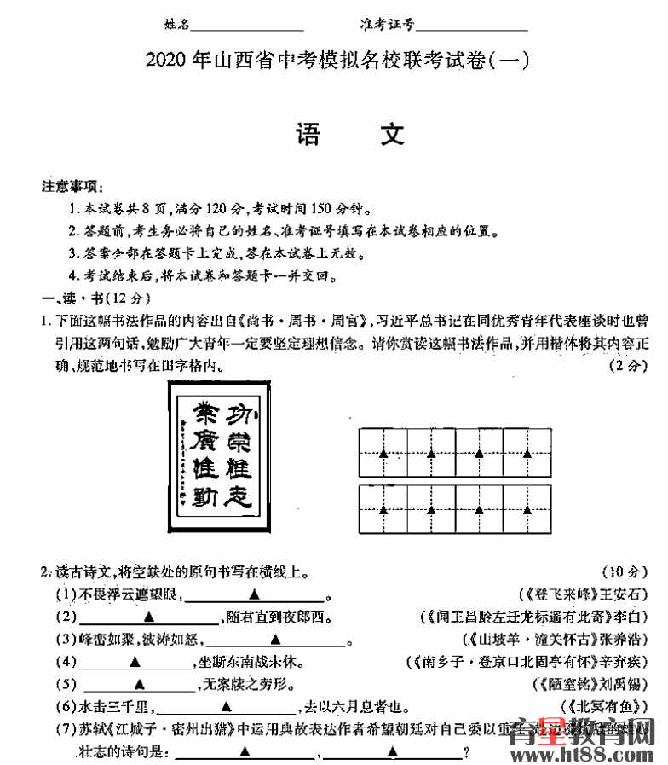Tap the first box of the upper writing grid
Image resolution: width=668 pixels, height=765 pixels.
(383, 452)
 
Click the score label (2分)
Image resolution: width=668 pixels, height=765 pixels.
(631, 365)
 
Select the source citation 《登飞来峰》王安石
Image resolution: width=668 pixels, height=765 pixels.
(584, 594)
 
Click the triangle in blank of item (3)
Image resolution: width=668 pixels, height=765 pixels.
(275, 639)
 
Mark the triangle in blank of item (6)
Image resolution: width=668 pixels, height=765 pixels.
(227, 705)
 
